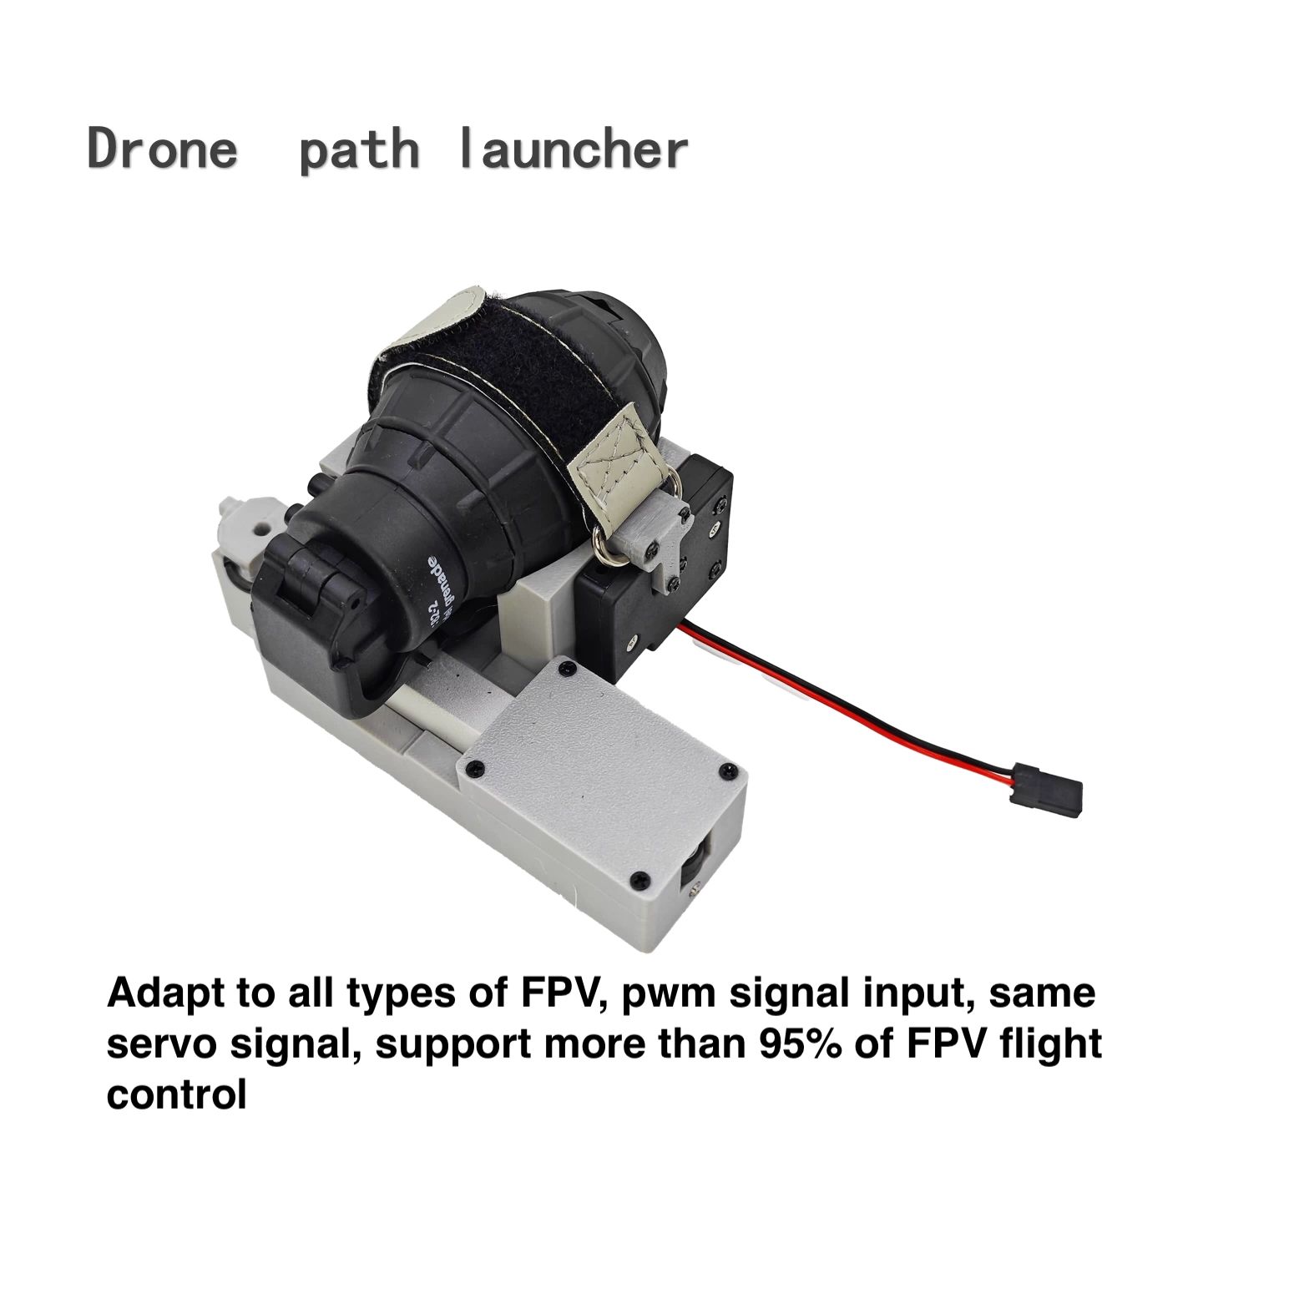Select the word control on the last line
point(176,1094)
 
